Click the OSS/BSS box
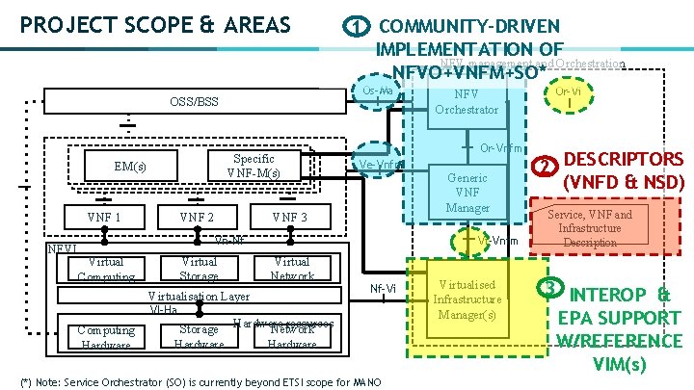193,101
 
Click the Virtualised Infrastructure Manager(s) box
467,299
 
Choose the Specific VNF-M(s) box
253,166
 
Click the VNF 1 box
103,218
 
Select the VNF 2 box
197,218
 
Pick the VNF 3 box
289,218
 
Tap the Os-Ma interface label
378,91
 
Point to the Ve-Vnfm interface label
377,165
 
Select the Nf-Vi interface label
384,288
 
